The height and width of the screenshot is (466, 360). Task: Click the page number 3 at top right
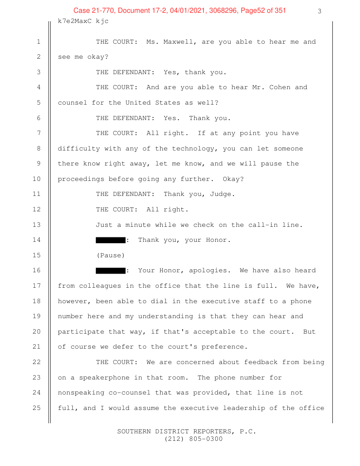319,11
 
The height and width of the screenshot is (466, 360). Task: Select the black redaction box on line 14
110,240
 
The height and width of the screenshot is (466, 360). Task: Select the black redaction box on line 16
110,271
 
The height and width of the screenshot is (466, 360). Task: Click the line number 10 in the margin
37,179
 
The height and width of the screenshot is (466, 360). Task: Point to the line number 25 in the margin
37,408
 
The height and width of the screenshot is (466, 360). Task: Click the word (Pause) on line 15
110,256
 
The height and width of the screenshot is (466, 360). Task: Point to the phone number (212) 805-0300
193,439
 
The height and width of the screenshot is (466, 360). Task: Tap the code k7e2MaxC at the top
75,21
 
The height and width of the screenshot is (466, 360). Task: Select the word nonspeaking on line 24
81,393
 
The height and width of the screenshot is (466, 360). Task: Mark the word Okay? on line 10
233,179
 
